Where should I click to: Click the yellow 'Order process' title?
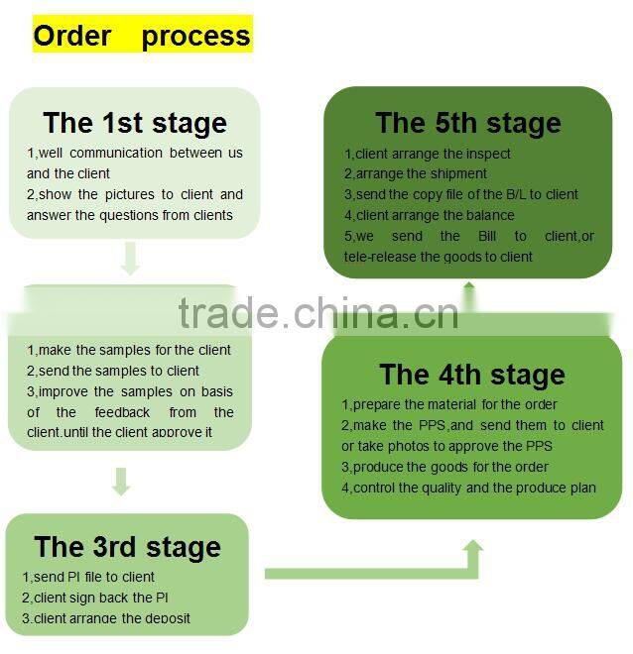click(x=142, y=36)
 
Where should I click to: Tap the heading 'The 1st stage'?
click(x=135, y=123)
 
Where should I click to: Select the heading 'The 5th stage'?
click(x=467, y=123)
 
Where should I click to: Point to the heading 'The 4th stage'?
click(x=471, y=375)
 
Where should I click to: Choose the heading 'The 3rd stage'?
click(x=127, y=547)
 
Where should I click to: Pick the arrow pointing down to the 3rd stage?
click(x=121, y=482)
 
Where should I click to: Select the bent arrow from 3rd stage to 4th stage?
click(x=397, y=570)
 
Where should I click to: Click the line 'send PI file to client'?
click(x=89, y=577)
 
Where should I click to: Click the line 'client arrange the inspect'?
click(x=428, y=154)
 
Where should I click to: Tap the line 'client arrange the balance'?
click(x=430, y=215)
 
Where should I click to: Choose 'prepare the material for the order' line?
click(x=449, y=404)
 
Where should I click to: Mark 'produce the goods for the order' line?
click(x=444, y=467)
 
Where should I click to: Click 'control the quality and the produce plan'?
click(x=468, y=488)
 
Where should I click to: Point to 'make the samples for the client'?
click(x=129, y=350)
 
